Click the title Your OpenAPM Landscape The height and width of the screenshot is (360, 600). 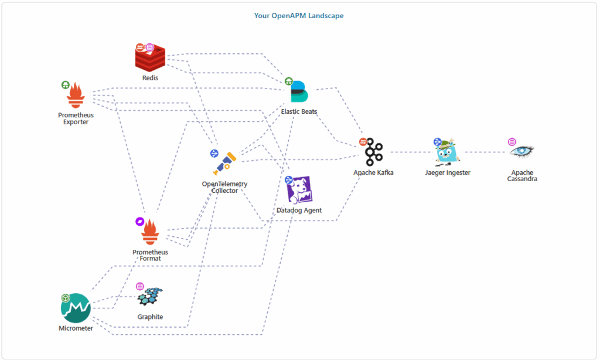[x=299, y=16]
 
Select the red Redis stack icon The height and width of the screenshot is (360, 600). [x=151, y=58]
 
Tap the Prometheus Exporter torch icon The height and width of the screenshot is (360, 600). [x=76, y=96]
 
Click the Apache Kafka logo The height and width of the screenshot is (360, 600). [x=374, y=154]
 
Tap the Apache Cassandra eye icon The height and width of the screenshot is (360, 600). [x=521, y=151]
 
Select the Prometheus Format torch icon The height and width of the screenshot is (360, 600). [x=151, y=233]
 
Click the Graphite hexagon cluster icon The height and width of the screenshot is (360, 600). [x=151, y=297]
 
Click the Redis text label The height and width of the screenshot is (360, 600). [x=150, y=77]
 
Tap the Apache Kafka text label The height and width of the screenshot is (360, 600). [x=374, y=173]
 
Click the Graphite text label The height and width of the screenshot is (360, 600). [x=150, y=317]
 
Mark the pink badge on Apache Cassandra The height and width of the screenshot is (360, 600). [x=512, y=141]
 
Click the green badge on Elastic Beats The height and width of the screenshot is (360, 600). [x=288, y=81]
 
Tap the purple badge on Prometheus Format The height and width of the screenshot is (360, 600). [x=139, y=221]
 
